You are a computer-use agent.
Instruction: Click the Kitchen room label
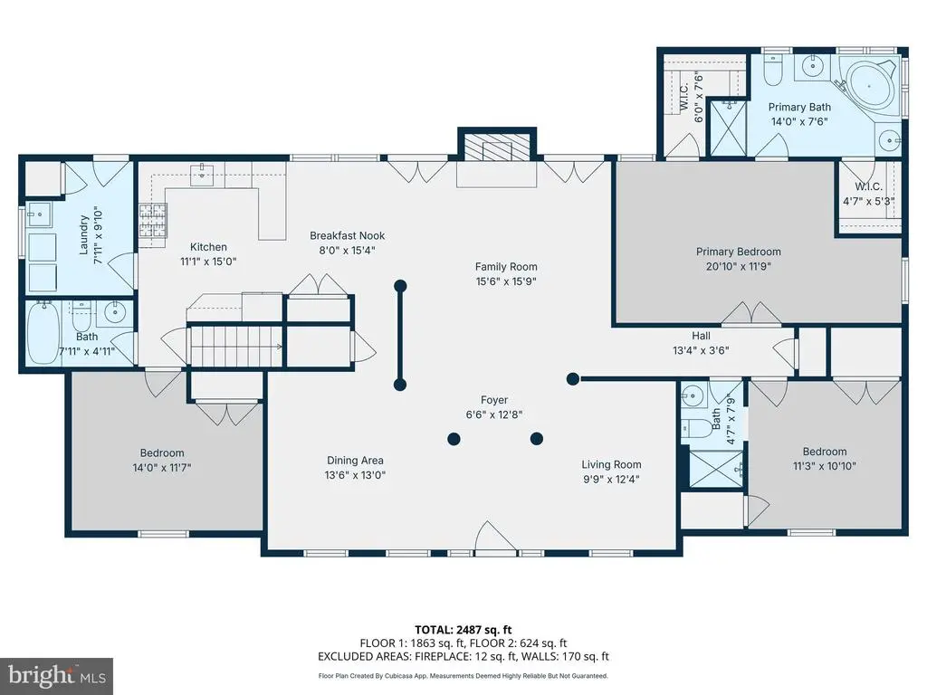[208, 247]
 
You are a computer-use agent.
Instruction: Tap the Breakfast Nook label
[347, 235]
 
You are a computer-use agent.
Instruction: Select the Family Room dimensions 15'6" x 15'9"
[506, 281]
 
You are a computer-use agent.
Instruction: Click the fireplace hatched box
[497, 147]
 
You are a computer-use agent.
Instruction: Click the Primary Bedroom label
[739, 252]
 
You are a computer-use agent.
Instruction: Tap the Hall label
[701, 336]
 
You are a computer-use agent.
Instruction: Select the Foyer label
[494, 400]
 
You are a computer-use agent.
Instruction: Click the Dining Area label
[355, 460]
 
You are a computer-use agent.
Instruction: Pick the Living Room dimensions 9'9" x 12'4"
[611, 479]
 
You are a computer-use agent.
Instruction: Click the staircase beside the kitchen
[235, 347]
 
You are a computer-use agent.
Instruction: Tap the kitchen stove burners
[153, 220]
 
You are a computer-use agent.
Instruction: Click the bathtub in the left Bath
[43, 333]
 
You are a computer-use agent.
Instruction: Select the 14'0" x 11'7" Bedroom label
[161, 460]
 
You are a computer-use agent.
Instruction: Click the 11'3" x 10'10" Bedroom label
[824, 458]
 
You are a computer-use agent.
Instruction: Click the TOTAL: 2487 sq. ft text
[463, 630]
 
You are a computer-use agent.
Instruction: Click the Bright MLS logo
[57, 676]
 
